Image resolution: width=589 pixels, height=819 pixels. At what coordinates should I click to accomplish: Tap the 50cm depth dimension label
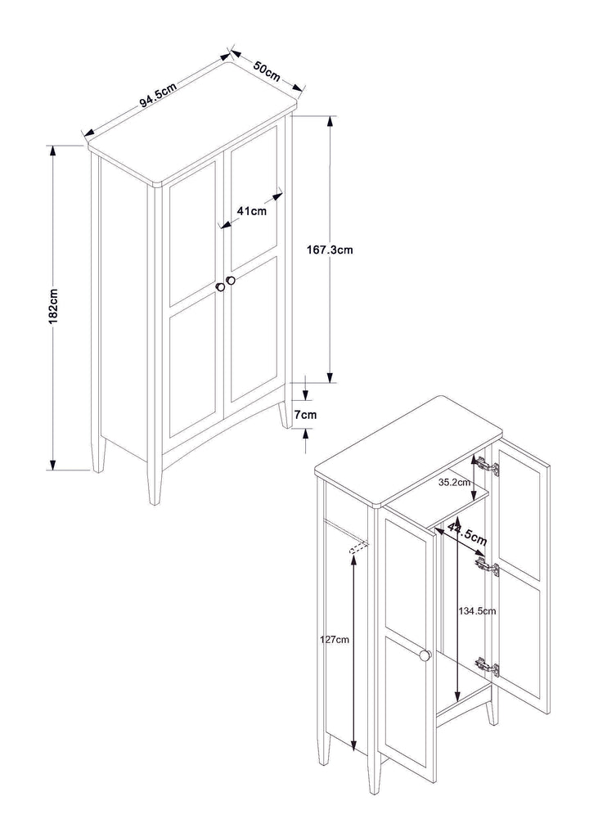coord(267,71)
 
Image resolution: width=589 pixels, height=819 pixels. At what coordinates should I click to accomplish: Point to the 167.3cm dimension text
coord(330,250)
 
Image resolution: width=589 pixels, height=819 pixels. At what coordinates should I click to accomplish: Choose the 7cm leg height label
coord(305,415)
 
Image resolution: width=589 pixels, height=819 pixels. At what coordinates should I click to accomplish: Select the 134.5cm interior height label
coord(477,610)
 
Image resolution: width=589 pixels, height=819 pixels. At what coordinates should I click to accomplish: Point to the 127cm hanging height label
coord(335,639)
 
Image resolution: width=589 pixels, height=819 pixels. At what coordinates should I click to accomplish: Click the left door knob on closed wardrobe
coord(220,286)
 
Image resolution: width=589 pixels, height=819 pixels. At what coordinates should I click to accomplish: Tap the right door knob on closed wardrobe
coord(230,281)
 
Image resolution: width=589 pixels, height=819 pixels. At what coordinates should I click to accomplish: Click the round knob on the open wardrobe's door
coord(425,655)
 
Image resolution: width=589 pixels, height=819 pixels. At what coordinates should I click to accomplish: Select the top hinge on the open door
coord(489,465)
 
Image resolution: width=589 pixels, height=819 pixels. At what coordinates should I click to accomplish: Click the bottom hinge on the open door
coord(488,667)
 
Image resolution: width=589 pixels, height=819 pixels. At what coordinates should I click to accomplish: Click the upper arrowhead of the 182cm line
coord(52,151)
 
